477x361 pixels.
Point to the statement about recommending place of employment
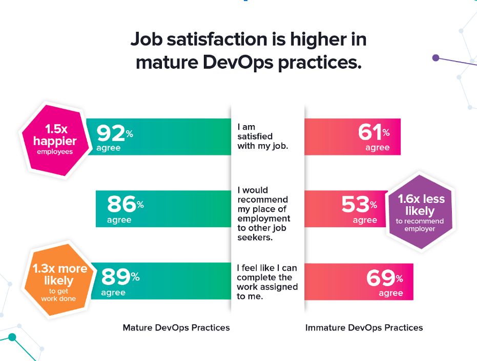(x=262, y=214)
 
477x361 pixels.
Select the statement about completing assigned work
(x=266, y=282)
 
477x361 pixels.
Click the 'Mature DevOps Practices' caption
(x=176, y=328)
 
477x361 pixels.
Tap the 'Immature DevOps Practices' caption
(x=364, y=328)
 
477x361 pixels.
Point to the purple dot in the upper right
(x=436, y=57)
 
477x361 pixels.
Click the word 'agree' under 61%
(x=378, y=148)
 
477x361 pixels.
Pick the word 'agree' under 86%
(x=119, y=220)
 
